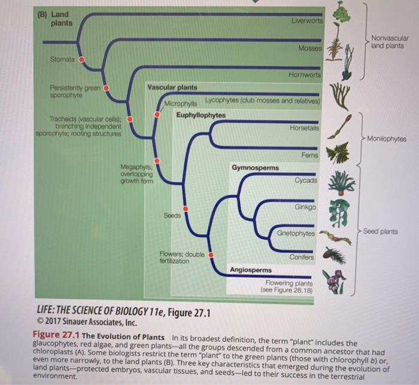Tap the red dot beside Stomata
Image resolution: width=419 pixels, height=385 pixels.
point(82,60)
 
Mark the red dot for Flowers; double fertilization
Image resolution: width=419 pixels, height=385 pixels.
point(210,255)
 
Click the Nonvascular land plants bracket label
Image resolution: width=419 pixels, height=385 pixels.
point(389,42)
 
